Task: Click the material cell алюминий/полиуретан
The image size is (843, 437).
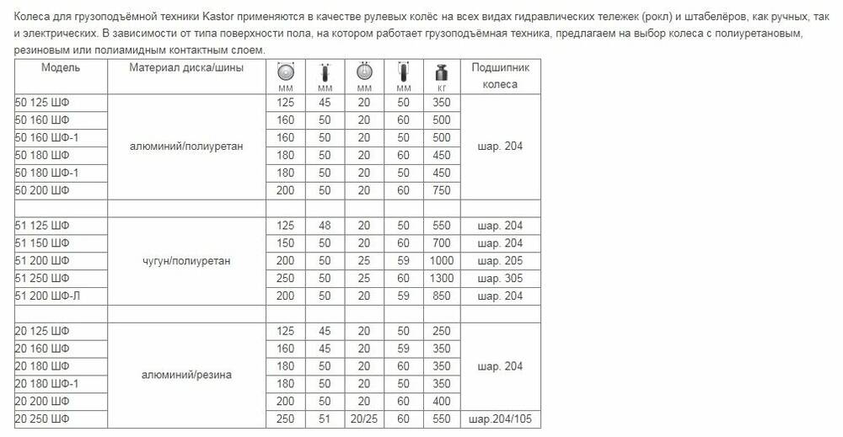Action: (x=186, y=147)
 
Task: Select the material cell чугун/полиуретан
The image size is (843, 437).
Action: (x=186, y=260)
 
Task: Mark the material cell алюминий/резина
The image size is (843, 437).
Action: (x=186, y=374)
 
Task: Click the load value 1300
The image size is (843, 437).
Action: (x=441, y=278)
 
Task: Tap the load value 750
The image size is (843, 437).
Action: (x=441, y=191)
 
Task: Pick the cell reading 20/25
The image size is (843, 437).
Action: (x=364, y=418)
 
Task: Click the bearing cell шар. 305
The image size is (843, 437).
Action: (x=500, y=278)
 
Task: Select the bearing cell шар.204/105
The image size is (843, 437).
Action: (x=500, y=418)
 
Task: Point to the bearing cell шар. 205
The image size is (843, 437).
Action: (x=500, y=260)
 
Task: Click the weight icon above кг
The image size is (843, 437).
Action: (x=441, y=72)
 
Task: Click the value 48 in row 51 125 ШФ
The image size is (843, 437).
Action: (x=325, y=226)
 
